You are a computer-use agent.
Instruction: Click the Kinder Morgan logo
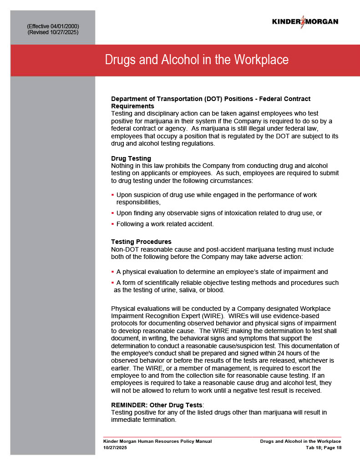[x=305, y=21]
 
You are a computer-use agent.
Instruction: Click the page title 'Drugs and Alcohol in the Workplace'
[x=197, y=60]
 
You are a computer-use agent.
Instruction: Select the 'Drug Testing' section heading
[x=131, y=158]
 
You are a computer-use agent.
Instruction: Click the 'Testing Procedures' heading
[x=141, y=242]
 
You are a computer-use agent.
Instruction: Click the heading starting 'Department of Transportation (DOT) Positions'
[x=211, y=99]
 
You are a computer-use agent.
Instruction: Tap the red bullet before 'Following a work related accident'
[x=112, y=224]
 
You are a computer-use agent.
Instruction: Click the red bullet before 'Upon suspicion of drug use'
[x=112, y=195]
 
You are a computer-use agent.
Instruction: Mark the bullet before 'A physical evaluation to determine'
[x=112, y=272]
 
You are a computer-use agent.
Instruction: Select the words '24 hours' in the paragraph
[x=280, y=353]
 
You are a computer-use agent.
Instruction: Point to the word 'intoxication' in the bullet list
[x=232, y=213]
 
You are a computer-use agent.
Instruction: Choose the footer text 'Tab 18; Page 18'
[x=323, y=448]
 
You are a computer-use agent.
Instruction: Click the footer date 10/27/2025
[x=115, y=448]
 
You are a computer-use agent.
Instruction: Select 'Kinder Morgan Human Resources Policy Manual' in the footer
[x=157, y=441]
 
